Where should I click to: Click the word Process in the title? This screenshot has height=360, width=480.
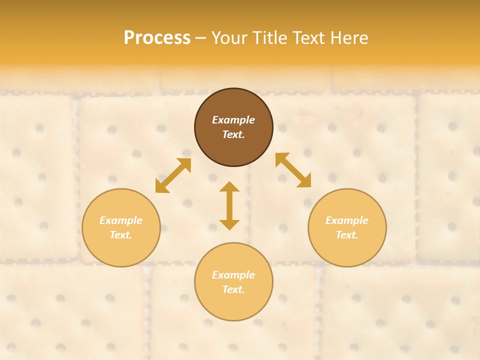click(x=157, y=38)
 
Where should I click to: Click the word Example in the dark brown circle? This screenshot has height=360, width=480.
click(x=233, y=120)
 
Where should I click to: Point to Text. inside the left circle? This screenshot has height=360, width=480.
click(x=121, y=235)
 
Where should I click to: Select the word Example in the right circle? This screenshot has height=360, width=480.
click(x=347, y=220)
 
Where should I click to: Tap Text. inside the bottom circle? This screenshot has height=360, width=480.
click(x=233, y=289)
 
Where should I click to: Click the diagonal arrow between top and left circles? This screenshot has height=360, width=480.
click(x=173, y=175)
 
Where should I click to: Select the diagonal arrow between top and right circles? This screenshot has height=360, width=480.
click(x=293, y=170)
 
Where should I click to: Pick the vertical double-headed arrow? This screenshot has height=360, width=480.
click(x=229, y=205)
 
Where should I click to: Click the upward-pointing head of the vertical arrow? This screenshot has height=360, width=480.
click(x=229, y=186)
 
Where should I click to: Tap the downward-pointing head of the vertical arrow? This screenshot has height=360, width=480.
click(x=229, y=224)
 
